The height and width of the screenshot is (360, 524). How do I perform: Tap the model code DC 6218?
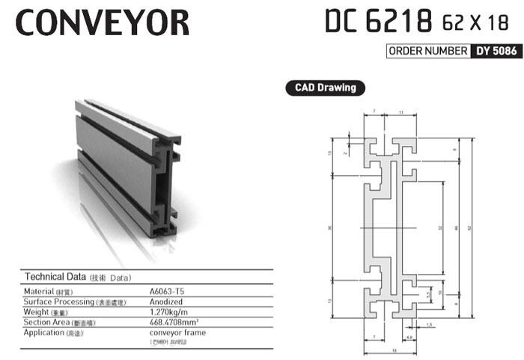tap(378, 22)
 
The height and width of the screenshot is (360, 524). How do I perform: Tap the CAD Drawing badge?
tap(321, 88)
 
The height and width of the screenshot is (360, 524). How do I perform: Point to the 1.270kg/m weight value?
tap(171, 311)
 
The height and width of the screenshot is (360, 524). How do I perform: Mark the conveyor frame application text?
tap(178, 332)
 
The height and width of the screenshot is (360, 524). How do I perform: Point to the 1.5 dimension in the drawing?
tap(430, 326)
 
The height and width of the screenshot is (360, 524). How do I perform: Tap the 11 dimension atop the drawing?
tap(402, 112)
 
